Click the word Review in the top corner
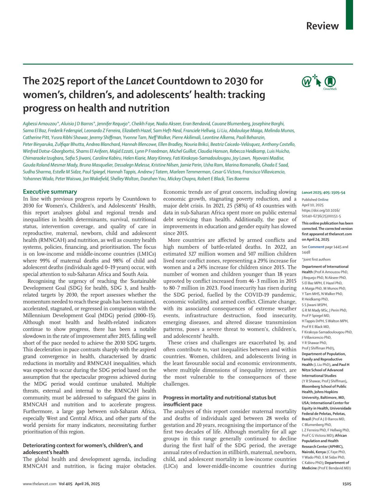pyautogui.click(x=322, y=26)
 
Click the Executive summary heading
pyautogui.click(x=50, y=192)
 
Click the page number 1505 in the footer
pyautogui.click(x=347, y=484)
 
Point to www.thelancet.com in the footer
pyautogui.click(x=40, y=484)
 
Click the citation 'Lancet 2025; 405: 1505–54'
pyautogui.click(x=323, y=193)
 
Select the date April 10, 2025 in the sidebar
pyautogui.click(x=313, y=205)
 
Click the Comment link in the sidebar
pyautogui.click(x=316, y=247)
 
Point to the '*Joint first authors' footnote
pyautogui.click(x=316, y=260)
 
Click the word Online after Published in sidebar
pyautogui.click(x=323, y=200)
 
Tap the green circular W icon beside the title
pyautogui.click(x=307, y=82)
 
